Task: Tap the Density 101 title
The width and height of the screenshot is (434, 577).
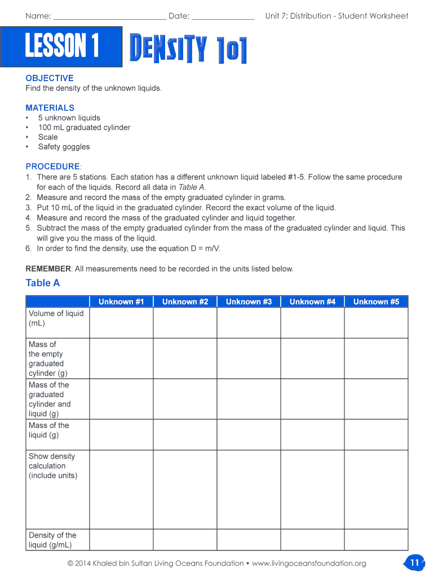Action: pos(188,49)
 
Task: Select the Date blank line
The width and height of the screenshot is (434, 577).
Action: pos(223,17)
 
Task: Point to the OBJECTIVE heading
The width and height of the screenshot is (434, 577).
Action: pos(50,78)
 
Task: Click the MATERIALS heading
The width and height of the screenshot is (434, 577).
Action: pos(50,108)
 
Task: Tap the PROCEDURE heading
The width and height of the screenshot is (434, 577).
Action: pos(53,166)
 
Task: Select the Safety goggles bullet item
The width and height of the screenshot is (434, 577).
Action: pos(64,147)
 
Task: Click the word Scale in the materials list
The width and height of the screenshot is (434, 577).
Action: pos(48,137)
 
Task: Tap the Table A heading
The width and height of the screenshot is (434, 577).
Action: pos(43,283)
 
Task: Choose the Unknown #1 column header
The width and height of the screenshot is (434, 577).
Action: pos(121,301)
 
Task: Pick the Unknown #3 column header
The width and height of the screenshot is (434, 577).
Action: pos(249,301)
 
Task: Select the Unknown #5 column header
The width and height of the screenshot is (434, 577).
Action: pos(376,301)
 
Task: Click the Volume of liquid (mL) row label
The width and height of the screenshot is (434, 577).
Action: pos(56,318)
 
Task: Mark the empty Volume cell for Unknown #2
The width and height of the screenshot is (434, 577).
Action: pos(185,322)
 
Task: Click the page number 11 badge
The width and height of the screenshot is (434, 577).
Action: pos(414,562)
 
